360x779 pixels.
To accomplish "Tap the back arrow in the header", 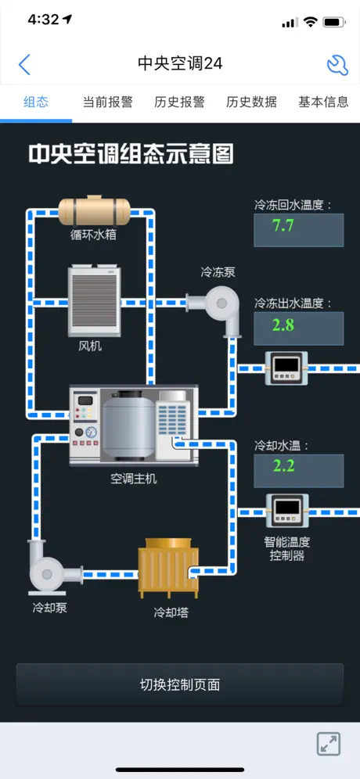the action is coord(23,64).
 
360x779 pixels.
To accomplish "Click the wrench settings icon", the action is coord(337,65).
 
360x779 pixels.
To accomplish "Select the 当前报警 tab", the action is coord(107,102).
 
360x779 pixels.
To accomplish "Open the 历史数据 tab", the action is coord(251,102).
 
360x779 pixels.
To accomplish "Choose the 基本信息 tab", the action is coord(323,102).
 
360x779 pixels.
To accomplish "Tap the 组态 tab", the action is coord(36,102).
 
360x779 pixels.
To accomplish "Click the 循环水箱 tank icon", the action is coord(94,211).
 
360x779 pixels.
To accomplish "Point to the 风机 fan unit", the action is coord(95,301).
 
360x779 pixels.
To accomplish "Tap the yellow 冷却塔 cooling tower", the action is coord(168,569).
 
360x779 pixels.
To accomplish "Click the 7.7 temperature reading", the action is coord(283,226).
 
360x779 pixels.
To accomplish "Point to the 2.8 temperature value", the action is coord(283,325).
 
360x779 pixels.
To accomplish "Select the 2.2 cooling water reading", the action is coord(283,466).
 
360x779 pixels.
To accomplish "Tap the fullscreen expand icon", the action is coord(329,744).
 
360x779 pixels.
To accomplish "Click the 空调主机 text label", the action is coord(133,479).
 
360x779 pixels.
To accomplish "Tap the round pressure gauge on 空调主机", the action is coord(91,432).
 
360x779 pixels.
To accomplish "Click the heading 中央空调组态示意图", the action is coord(130,154).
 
